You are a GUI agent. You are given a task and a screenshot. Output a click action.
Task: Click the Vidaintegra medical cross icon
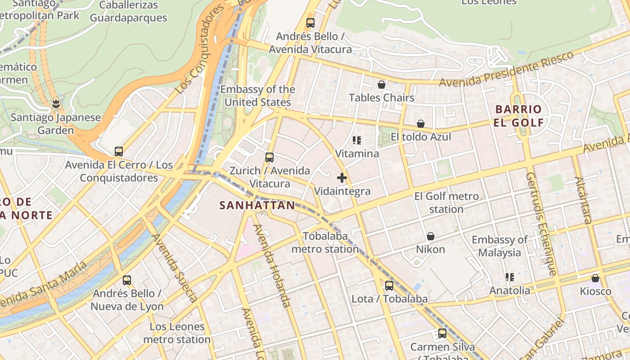pos(342,178)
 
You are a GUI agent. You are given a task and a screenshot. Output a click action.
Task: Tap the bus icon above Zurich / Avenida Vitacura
pos(270,157)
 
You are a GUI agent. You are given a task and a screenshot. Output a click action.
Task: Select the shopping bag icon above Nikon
pos(431,236)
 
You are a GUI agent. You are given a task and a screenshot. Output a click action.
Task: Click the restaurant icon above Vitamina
pos(357,140)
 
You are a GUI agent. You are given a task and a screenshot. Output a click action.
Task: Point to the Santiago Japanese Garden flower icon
pos(56,104)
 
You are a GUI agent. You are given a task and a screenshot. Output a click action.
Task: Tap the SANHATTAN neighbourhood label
pos(257,206)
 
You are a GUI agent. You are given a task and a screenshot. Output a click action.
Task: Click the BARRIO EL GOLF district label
pos(518,116)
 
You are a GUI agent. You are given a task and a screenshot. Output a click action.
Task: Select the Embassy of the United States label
pos(257,96)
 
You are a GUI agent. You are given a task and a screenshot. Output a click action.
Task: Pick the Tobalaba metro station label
pos(325,243)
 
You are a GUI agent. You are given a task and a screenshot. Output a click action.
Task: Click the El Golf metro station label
pos(446,202)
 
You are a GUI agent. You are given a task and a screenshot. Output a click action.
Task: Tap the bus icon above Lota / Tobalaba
pos(389,285)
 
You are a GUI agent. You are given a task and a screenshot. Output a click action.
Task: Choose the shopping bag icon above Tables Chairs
pos(382,85)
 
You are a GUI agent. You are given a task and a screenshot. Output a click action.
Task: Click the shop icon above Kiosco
pos(595,278)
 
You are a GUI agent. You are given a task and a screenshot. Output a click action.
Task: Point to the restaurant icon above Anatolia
pos(510,277)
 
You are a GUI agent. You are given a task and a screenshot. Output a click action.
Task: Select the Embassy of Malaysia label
pos(499,246)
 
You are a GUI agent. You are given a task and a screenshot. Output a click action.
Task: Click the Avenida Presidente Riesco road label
pos(506,69)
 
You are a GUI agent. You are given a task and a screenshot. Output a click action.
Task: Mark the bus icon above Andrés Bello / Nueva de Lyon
pos(127,280)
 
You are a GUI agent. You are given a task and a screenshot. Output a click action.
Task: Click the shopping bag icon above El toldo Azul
pos(421,124)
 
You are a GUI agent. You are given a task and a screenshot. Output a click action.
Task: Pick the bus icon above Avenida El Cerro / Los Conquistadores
pos(119,152)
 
